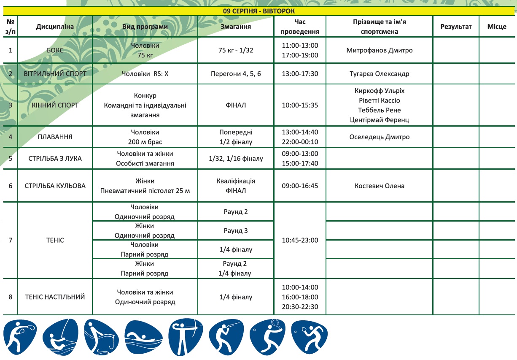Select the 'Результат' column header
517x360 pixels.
point(456,27)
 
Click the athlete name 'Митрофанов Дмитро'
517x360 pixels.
point(379,50)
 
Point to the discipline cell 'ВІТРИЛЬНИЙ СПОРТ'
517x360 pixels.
point(55,73)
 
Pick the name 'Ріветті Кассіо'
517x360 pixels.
point(379,100)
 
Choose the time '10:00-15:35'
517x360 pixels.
point(300,105)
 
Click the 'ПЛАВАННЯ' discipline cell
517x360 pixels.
point(55,137)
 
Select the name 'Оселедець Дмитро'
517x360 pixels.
point(379,137)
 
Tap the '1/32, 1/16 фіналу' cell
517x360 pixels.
point(236,159)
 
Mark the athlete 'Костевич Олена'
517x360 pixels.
point(379,186)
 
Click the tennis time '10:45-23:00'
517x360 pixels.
point(300,240)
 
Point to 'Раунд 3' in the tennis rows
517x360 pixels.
point(236,231)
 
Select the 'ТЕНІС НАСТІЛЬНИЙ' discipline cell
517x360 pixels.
point(55,297)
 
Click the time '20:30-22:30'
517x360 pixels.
point(300,307)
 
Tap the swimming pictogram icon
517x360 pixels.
point(143,337)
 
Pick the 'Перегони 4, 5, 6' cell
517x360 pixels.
point(236,73)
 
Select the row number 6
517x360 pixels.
point(10,186)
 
